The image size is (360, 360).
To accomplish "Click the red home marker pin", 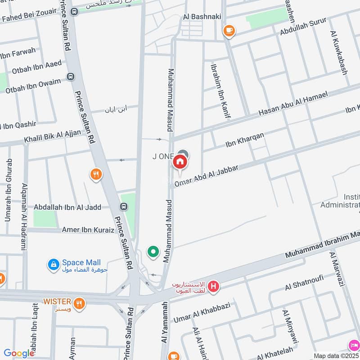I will (180, 162).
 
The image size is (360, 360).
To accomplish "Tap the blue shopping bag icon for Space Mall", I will (54, 265).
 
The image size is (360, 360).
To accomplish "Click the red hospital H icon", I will (213, 286).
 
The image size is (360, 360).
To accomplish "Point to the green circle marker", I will (153, 252).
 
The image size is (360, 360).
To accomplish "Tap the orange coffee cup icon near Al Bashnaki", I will (229, 30).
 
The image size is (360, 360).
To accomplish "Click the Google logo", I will (18, 353).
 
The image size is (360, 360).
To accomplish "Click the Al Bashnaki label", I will (199, 17).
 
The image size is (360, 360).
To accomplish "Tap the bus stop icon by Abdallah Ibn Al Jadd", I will (123, 207).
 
